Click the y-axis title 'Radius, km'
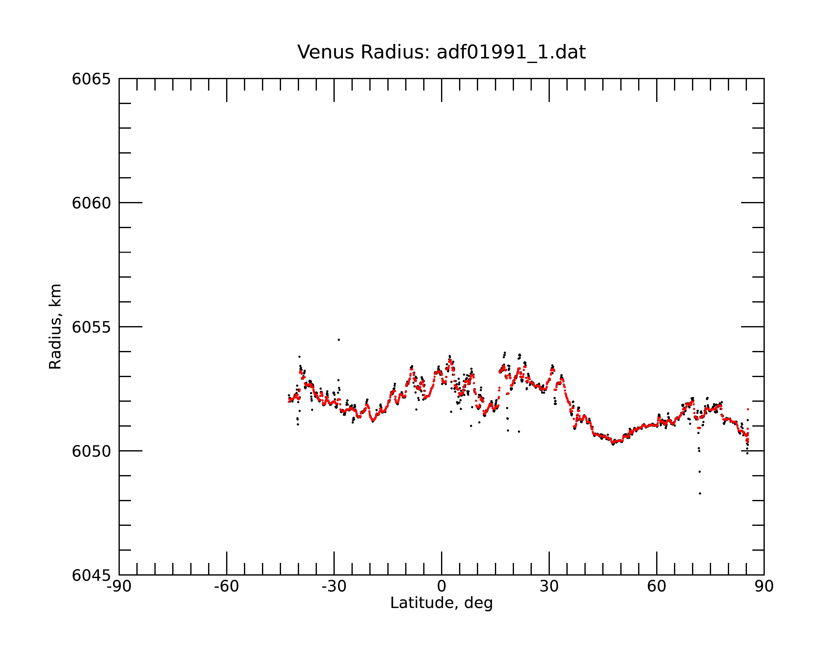[x=55, y=327]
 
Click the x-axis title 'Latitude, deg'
[x=441, y=603]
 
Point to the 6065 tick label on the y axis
[x=91, y=79]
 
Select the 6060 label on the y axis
[x=91, y=203]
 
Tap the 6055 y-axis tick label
[x=91, y=327]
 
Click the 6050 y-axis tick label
[x=91, y=451]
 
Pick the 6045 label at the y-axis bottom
[x=91, y=575]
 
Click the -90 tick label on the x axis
[x=119, y=587]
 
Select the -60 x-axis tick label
[x=227, y=587]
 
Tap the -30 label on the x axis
[x=334, y=587]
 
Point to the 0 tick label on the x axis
[x=441, y=587]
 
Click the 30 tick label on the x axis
[x=549, y=587]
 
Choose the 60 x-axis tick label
[x=656, y=587]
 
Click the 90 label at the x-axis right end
[x=764, y=587]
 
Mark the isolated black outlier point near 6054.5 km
[x=339, y=340]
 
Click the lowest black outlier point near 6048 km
[x=700, y=494]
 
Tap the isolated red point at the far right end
[x=748, y=409]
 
